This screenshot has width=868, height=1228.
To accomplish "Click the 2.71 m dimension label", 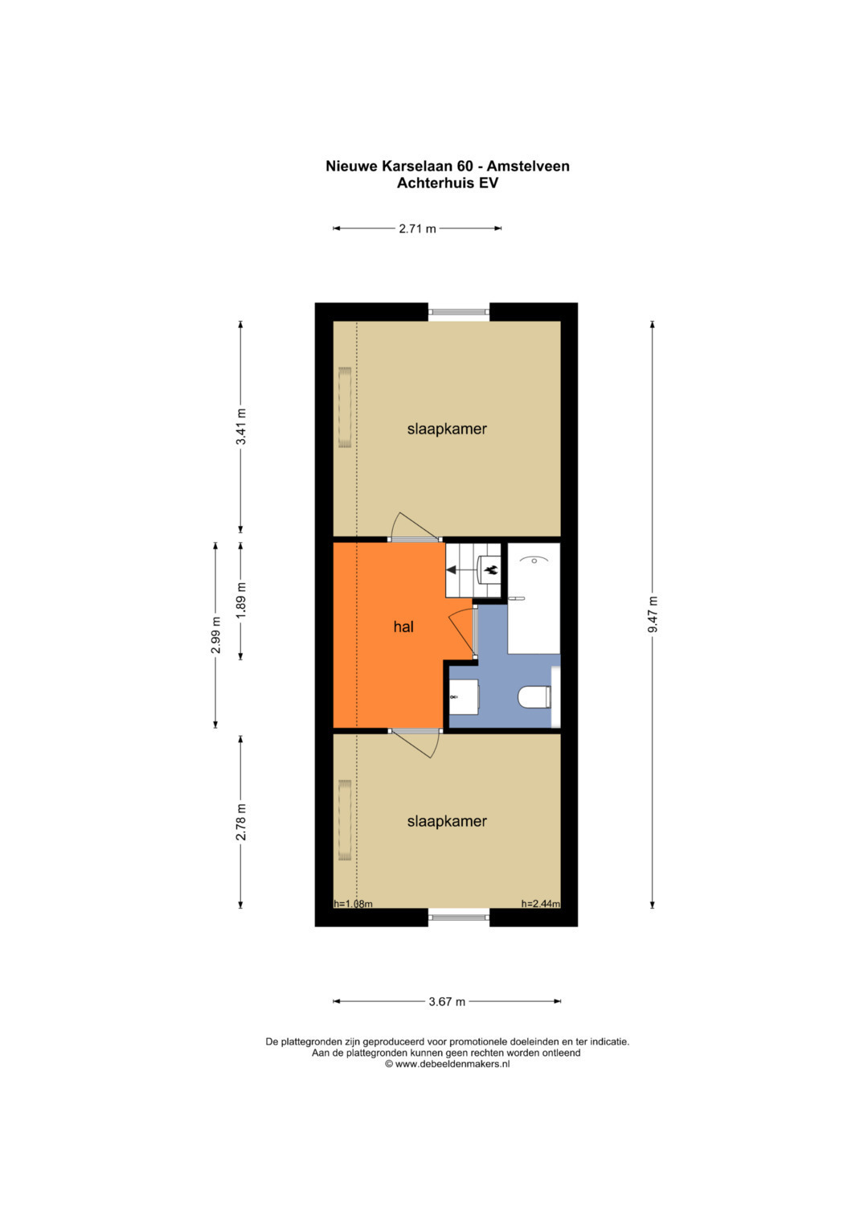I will click(417, 228).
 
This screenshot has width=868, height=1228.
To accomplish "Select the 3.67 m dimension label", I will click(447, 1001).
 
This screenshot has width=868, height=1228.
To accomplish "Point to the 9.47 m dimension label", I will click(653, 614).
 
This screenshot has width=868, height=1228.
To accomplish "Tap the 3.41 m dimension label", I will click(241, 426).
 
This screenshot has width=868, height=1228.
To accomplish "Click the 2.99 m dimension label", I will click(215, 635).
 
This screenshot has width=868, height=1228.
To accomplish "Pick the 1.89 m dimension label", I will click(241, 600).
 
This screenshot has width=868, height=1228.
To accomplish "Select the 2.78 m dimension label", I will click(241, 822).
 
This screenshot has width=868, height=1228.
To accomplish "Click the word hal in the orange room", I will click(403, 626).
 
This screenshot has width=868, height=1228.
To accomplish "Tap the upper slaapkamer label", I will click(447, 429).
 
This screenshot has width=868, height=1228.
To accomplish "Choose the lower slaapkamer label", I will click(447, 821).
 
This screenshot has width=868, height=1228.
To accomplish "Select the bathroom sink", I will click(464, 696).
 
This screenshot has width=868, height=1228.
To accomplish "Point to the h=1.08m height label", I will click(354, 903).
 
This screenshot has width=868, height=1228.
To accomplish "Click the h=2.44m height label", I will click(540, 903).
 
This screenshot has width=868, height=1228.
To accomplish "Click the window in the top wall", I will click(459, 311).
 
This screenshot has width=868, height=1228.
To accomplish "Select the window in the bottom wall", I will click(459, 917).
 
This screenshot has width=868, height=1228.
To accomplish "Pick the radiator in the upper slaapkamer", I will click(345, 407).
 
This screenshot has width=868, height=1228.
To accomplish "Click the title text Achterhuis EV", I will click(447, 183).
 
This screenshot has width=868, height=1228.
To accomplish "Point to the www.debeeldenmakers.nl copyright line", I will click(447, 1063).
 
